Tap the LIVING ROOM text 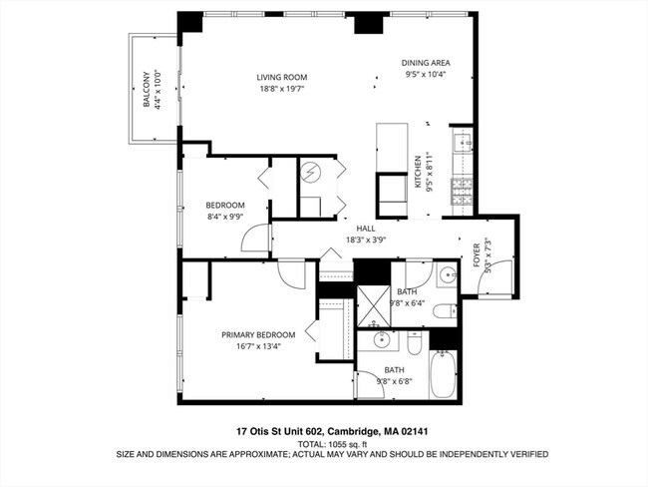point(281,77)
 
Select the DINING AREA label point(427,62)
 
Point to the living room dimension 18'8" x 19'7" point(281,89)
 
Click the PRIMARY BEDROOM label point(258,334)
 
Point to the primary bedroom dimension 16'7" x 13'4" point(258,347)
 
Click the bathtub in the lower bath point(444,377)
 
